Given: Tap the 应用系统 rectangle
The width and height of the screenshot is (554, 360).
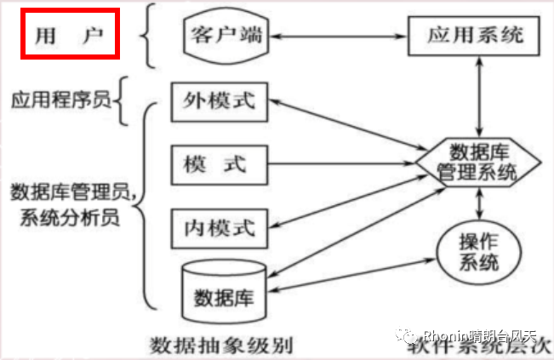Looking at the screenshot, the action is click(x=472, y=36).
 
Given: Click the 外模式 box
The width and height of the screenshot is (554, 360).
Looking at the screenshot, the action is click(x=220, y=103).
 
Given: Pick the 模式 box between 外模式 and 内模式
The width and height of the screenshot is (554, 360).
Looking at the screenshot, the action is click(x=220, y=164).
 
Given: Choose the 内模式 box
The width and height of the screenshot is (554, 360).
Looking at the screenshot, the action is click(x=220, y=226).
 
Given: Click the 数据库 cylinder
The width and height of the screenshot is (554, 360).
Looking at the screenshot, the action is click(x=226, y=294).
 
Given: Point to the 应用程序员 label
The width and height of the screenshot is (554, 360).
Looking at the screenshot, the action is click(x=60, y=100).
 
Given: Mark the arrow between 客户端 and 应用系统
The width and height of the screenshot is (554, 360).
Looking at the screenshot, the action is click(x=340, y=37).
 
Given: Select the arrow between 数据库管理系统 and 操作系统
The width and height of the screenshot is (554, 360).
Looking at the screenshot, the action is click(x=483, y=203).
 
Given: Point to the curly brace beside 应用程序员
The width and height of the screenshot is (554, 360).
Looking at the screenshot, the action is click(x=123, y=100).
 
